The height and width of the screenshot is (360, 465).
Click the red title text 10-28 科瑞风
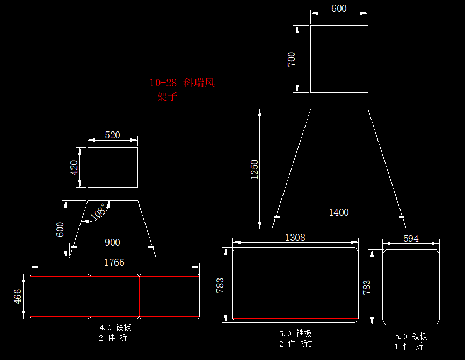(182, 83)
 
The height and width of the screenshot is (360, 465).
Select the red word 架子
(167, 97)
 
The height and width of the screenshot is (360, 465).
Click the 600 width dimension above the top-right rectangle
(339, 9)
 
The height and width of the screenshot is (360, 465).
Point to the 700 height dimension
(292, 59)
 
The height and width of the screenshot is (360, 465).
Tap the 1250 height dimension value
(255, 170)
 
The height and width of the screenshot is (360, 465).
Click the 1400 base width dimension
(339, 212)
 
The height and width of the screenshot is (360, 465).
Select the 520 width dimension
(112, 135)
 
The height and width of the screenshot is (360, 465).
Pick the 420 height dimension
(74, 167)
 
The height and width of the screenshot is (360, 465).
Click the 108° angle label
(98, 211)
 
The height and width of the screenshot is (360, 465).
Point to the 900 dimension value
(112, 243)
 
